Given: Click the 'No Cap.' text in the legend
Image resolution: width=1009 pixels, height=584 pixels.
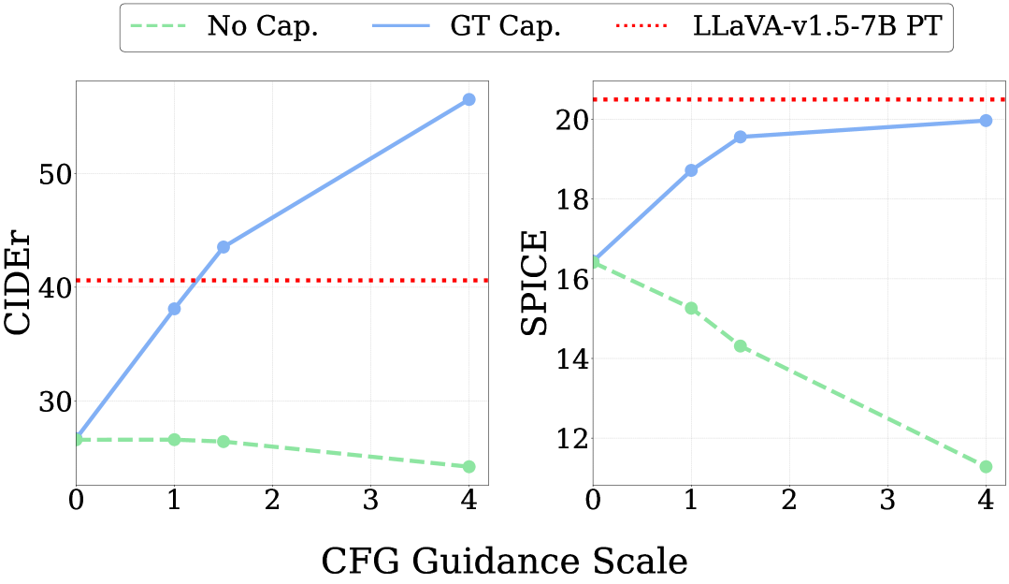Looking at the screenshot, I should coord(262,26).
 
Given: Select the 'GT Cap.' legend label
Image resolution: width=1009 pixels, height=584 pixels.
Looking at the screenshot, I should coord(505,26).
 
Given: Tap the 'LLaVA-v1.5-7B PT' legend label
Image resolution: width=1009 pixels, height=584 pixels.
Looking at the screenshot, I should coord(816,26).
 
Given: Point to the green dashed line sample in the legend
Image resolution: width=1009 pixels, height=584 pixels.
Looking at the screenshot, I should coord(164,26).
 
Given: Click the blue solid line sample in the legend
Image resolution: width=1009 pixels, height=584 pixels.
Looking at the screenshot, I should coord(407,26).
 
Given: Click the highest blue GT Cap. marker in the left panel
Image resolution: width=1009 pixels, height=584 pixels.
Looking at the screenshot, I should coord(469,99).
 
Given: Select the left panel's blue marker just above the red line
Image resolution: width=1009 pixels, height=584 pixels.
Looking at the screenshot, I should coord(223,247).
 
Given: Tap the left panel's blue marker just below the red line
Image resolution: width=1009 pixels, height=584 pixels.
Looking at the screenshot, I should coord(174,308).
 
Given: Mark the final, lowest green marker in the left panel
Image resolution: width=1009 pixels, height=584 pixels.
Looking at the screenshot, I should coord(469,466).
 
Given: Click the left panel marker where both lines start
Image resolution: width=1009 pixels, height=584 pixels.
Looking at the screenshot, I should coord(77,439).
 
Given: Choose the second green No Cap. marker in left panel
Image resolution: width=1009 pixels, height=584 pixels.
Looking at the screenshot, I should coord(174,439).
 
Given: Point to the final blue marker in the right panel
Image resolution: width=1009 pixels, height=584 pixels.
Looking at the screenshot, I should coord(986,120).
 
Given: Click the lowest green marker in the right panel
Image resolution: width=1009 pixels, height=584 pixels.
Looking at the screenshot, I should coord(986,466).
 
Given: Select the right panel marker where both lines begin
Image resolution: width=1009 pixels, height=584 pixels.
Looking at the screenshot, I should coord(595,262).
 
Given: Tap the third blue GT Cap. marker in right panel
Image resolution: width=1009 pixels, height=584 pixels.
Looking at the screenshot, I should coord(741,137).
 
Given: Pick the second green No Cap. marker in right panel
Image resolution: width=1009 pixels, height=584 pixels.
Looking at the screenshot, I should coord(691,308).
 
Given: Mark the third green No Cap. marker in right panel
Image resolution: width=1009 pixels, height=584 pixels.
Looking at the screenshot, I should coord(741,345).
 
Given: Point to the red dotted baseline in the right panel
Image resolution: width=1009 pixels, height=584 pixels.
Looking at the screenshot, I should coord(842,99).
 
